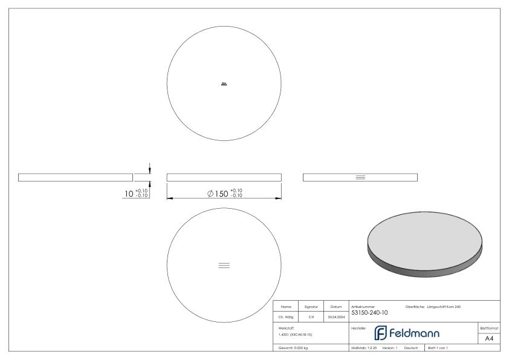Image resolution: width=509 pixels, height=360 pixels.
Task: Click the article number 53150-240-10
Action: click(369, 313)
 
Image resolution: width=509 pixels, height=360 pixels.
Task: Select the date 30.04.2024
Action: click(336, 316)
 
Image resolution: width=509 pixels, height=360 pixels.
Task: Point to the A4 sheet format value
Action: click(489, 338)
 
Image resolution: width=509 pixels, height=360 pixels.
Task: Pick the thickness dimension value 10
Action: click(128, 193)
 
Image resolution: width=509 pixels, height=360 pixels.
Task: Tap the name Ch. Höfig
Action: click(286, 316)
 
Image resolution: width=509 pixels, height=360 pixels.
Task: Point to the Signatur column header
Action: click(311, 306)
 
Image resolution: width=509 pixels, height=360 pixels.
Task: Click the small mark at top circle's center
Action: click(224, 83)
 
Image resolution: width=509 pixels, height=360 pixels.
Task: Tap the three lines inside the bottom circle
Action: click(224, 265)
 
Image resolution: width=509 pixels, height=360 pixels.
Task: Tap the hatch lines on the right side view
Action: click(360, 177)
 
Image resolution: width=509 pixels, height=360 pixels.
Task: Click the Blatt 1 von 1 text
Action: click(438, 349)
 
